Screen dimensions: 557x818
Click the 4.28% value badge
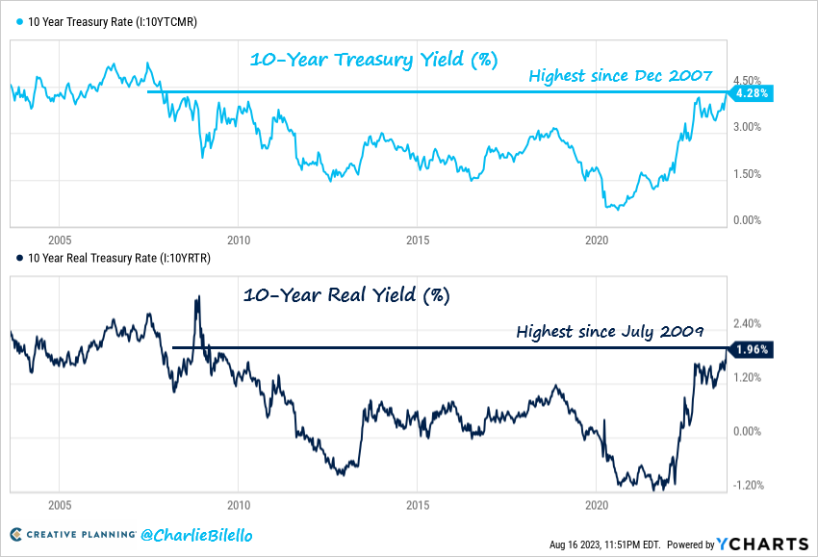point(751,93)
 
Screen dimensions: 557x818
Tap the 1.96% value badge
point(751,350)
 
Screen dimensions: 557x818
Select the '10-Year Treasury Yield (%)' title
point(373,59)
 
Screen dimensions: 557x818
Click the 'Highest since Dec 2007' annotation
point(620,75)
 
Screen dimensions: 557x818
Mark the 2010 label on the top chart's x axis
point(238,239)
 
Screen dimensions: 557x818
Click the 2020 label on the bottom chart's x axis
point(596,504)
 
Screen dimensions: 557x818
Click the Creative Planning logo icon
point(16,535)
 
